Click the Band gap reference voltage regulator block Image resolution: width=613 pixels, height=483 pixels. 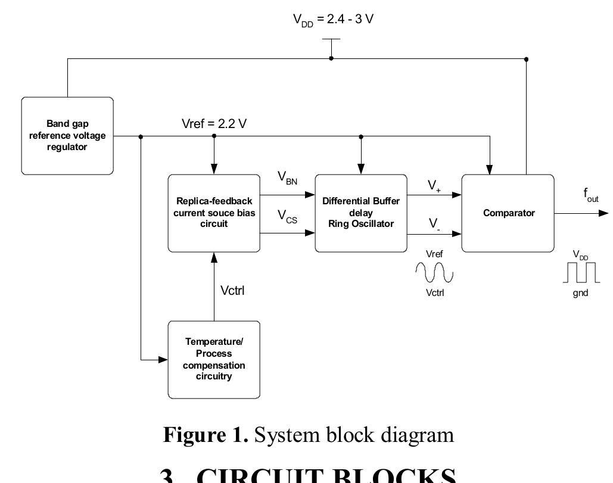67,136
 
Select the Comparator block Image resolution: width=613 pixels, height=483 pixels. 508,213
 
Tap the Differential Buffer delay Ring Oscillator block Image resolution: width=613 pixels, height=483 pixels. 361,213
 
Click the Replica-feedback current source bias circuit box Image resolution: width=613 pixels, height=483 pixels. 214,213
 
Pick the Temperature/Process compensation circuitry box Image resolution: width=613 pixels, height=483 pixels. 214,359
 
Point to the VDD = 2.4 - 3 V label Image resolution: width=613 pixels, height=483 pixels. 333,20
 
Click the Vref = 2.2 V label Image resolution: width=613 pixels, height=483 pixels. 214,124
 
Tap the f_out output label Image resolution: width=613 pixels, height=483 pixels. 590,195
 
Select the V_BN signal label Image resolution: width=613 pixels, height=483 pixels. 287,178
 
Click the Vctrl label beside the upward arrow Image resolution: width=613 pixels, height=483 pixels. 232,291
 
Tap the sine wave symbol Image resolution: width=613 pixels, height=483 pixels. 434,273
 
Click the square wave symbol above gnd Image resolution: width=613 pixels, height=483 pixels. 580,273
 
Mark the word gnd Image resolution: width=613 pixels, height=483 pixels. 580,293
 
